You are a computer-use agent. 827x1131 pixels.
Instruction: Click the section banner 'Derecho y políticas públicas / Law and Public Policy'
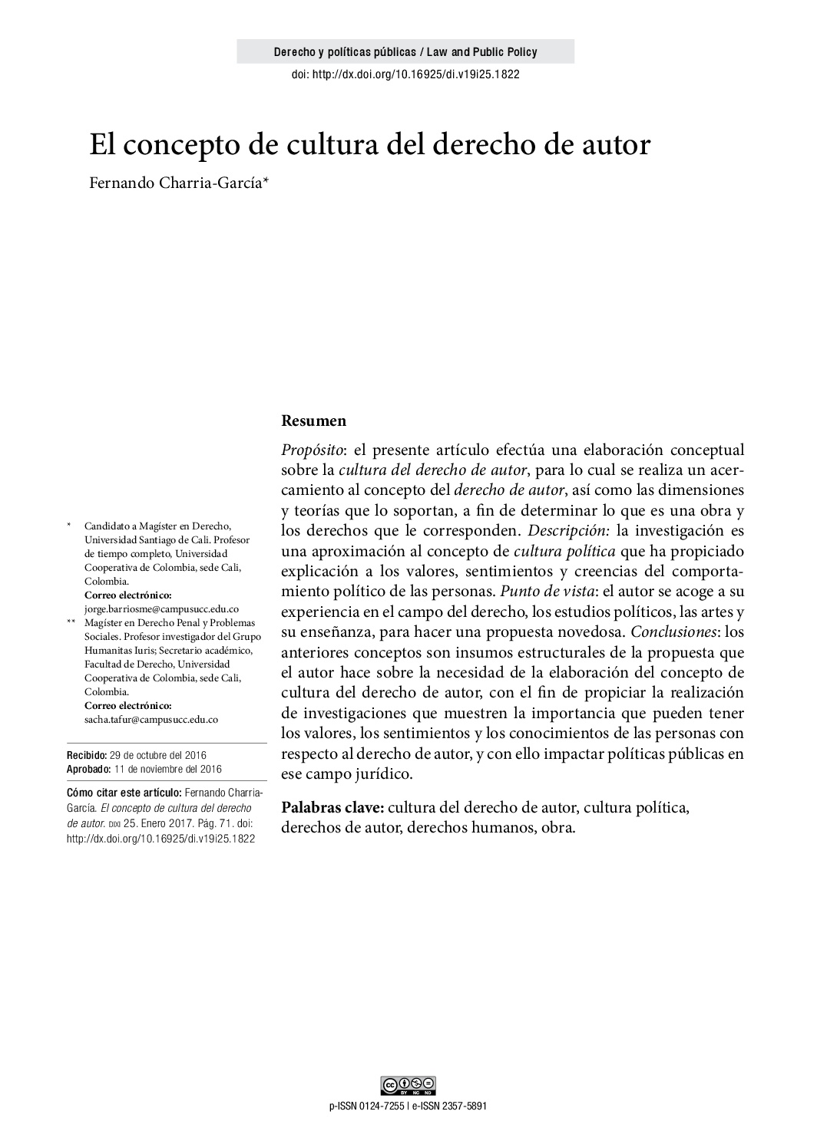click(405, 52)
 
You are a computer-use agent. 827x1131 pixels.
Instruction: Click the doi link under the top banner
click(405, 74)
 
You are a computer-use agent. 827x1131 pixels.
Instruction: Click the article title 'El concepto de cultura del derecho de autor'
click(370, 144)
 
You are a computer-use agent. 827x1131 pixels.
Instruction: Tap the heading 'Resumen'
click(313, 420)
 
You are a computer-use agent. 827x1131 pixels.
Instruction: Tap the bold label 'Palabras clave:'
click(332, 808)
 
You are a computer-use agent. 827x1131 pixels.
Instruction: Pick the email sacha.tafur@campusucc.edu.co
click(151, 720)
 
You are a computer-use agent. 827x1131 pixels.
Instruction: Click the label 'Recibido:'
click(87, 756)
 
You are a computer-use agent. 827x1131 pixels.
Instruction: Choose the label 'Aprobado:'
click(88, 769)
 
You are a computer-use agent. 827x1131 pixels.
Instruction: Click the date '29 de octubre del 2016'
click(158, 756)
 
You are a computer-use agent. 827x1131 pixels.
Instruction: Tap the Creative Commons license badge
click(408, 1085)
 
